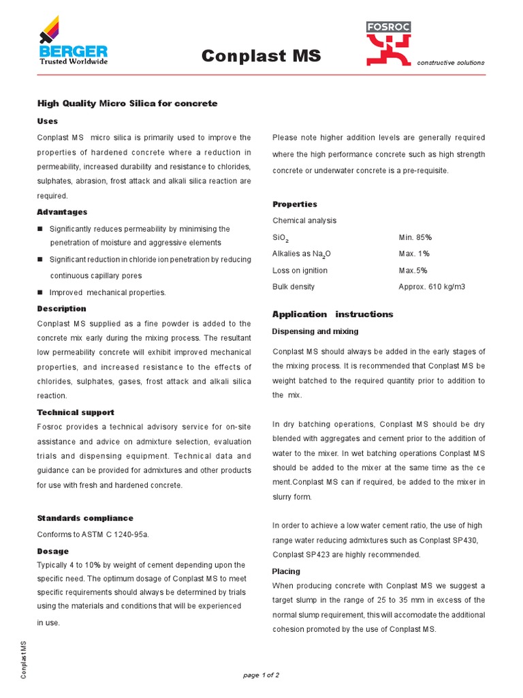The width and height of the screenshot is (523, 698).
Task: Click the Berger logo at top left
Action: click(x=73, y=46)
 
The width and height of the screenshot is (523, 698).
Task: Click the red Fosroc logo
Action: click(x=388, y=44)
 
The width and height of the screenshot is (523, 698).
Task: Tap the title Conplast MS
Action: click(x=261, y=56)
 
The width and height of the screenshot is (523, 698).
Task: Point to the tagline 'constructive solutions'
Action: click(x=451, y=63)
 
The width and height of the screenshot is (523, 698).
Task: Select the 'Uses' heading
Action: click(x=47, y=121)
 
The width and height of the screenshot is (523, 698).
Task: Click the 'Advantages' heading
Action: click(x=62, y=212)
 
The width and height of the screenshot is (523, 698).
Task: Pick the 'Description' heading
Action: click(x=61, y=309)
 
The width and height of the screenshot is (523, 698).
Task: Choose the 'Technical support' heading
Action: click(x=76, y=412)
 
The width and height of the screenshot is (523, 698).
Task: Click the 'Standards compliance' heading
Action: click(x=85, y=518)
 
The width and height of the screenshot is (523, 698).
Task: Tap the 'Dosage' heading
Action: click(x=52, y=551)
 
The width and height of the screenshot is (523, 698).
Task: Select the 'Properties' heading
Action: click(x=295, y=204)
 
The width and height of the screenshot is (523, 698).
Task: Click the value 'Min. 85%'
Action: click(x=415, y=237)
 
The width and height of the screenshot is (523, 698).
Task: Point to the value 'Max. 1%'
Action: click(x=414, y=254)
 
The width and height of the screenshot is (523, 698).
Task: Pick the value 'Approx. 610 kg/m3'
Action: click(x=432, y=287)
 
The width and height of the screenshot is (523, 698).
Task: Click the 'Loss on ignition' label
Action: click(x=300, y=271)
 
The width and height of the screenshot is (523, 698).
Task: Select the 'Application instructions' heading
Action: click(x=332, y=314)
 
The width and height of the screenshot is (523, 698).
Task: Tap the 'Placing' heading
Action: click(x=286, y=571)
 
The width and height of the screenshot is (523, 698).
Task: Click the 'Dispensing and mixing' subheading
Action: click(x=315, y=331)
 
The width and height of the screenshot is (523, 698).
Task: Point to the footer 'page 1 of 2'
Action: click(x=261, y=675)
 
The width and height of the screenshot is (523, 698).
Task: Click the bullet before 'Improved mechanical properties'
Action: click(x=40, y=292)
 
